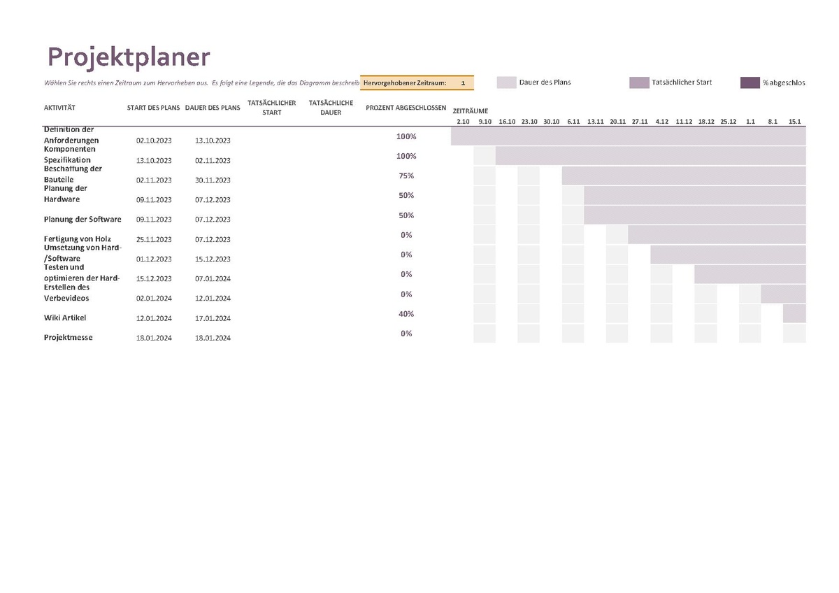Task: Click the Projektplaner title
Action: [128, 57]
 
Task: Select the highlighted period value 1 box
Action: [463, 83]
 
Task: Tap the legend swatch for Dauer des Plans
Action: [506, 83]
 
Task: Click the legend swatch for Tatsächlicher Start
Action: [639, 83]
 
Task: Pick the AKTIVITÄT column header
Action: [59, 108]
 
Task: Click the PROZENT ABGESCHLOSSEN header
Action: [406, 108]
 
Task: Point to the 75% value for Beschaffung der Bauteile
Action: [406, 176]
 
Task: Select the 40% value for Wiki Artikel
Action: [406, 314]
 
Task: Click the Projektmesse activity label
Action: [68, 338]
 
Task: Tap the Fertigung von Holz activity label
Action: [77, 239]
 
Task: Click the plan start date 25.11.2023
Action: [154, 239]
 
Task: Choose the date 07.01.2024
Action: [213, 279]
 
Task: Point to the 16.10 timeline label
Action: [507, 122]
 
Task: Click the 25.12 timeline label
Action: [728, 122]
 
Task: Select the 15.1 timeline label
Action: [794, 122]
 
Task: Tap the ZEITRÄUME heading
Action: [470, 111]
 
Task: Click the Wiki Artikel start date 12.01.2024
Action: [154, 318]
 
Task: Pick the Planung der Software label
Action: [83, 220]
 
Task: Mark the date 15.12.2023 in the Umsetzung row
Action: [213, 259]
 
